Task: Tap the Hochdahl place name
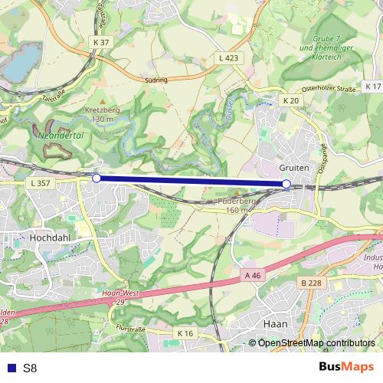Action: tap(50, 238)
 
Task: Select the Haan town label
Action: tap(274, 324)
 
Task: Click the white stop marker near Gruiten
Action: tap(286, 184)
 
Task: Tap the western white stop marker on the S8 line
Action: tap(97, 178)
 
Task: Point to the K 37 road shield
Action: tap(100, 42)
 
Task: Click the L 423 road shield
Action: tap(228, 57)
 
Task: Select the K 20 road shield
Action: tap(290, 100)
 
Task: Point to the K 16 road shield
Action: tap(185, 333)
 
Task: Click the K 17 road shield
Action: tap(372, 86)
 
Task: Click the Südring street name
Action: tap(155, 78)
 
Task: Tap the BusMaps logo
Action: tap(345, 367)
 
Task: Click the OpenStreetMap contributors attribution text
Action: tap(316, 342)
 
